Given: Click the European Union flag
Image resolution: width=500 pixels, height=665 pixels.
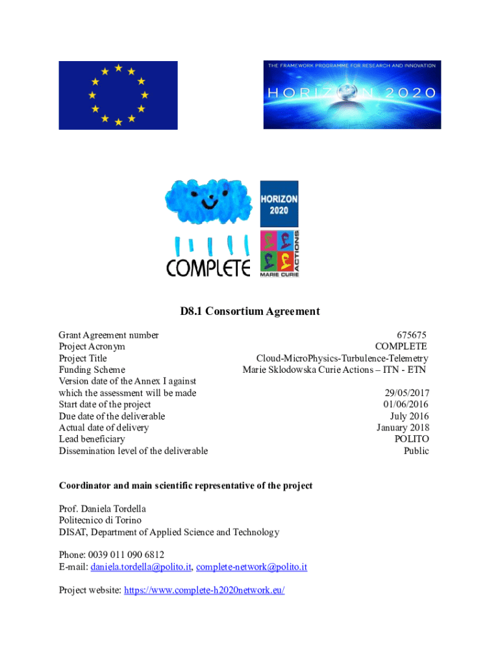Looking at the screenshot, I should [x=118, y=95].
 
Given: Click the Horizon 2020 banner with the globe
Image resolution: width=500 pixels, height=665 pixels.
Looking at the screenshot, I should [x=352, y=95].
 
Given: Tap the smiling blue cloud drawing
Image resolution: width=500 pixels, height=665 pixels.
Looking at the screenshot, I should [x=208, y=202].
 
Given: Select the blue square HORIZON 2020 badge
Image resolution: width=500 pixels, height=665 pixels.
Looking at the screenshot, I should [x=279, y=203].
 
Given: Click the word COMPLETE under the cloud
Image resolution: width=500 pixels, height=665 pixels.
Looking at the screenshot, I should [x=208, y=268].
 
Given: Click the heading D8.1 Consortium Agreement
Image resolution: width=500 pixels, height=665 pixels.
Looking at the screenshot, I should [x=250, y=312].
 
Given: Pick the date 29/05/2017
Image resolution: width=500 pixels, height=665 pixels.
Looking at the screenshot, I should [x=406, y=393].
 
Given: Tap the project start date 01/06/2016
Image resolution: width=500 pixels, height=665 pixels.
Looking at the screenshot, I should [x=406, y=405].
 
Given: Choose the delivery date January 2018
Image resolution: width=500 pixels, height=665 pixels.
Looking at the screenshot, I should [x=403, y=428].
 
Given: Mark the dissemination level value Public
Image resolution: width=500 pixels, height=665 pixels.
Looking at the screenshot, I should [x=416, y=451].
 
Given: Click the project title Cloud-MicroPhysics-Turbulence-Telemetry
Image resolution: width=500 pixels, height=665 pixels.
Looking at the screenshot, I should [x=342, y=358].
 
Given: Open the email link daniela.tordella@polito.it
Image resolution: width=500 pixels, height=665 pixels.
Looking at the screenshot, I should [x=141, y=567].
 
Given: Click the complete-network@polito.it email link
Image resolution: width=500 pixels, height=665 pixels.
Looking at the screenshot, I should [x=251, y=567].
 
